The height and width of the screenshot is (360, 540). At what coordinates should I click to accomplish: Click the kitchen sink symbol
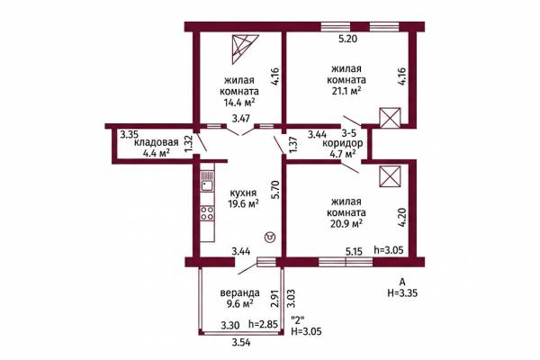207,181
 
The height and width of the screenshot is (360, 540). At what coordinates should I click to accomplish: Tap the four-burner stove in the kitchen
207,213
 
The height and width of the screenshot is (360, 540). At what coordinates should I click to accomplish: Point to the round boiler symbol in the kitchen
270,238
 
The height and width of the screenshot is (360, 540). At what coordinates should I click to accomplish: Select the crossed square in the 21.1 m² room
390,118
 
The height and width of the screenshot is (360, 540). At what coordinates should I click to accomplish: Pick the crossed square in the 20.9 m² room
390,176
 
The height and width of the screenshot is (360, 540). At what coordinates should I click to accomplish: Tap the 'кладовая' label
156,142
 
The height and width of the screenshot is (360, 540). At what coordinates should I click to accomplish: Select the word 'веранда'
239,292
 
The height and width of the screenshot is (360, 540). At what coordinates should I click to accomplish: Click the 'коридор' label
342,143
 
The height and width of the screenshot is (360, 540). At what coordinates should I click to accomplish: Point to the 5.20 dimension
347,39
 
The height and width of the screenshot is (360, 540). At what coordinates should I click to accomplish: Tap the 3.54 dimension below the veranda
241,342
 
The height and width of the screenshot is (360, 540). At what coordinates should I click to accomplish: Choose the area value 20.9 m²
346,223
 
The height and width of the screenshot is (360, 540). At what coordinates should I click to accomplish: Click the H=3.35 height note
402,293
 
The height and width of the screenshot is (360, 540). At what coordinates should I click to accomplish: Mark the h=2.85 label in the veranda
263,324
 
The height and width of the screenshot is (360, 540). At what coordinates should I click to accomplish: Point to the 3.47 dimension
240,119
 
